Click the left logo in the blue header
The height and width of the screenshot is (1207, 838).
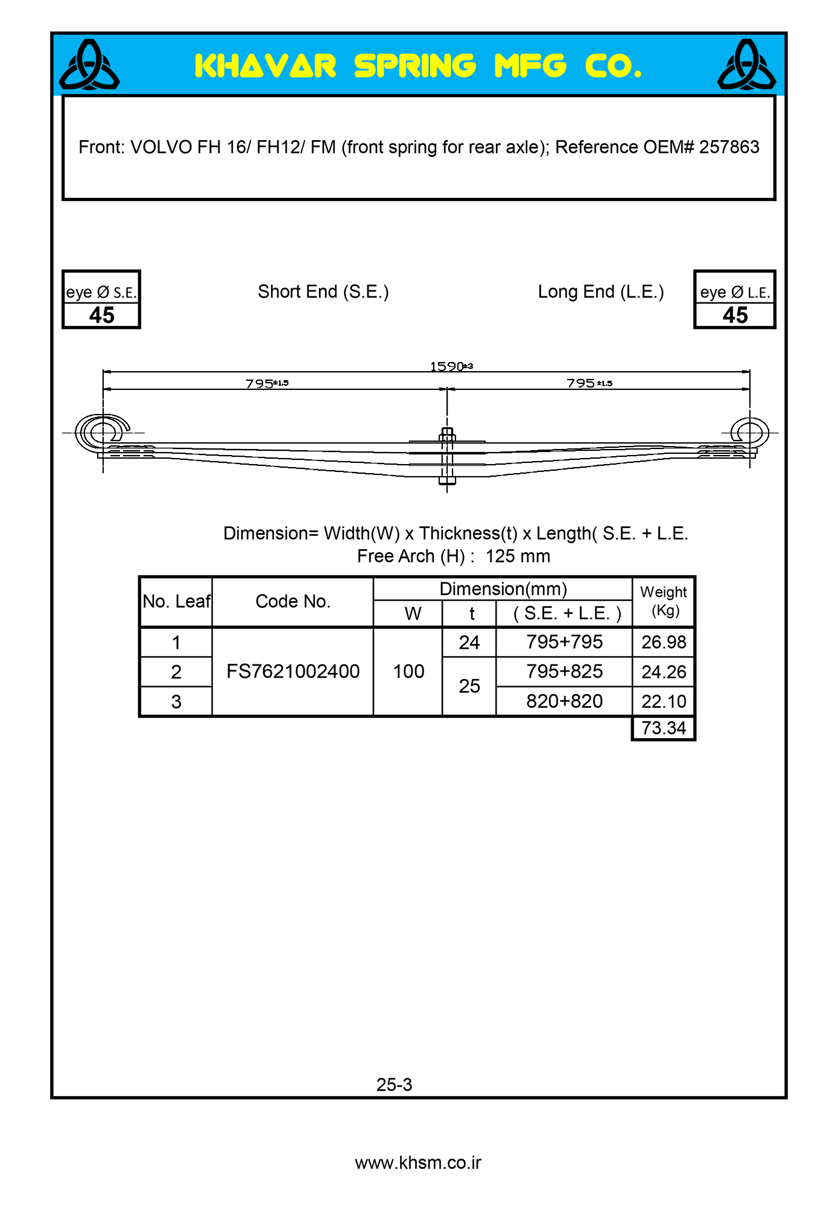coord(89,65)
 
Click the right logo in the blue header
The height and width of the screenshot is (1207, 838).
coord(746,65)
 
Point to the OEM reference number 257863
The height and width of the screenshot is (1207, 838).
coord(729,147)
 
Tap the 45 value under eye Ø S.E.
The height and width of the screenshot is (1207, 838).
coord(101,315)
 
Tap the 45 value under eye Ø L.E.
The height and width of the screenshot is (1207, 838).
coord(735,315)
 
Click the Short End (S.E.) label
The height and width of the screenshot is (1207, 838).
coord(323,292)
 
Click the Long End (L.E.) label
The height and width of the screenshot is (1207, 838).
coord(601,292)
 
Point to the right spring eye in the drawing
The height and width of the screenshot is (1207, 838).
coord(750,432)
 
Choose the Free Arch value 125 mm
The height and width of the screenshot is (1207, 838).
coord(518,556)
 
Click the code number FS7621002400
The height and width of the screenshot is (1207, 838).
coord(293,672)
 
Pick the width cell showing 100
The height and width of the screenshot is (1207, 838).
coord(408,672)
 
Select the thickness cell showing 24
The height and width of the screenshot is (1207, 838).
coord(469,643)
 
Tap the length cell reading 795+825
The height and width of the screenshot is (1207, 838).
coord(564,672)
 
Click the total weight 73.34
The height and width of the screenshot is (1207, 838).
coord(664,728)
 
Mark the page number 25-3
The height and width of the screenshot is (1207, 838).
coord(394,1085)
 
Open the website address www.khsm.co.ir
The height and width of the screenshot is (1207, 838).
coord(418,1163)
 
